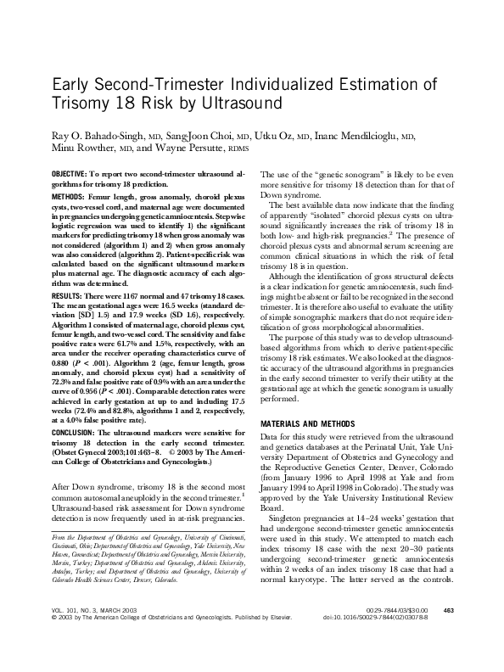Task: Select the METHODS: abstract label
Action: pos(71,194)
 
